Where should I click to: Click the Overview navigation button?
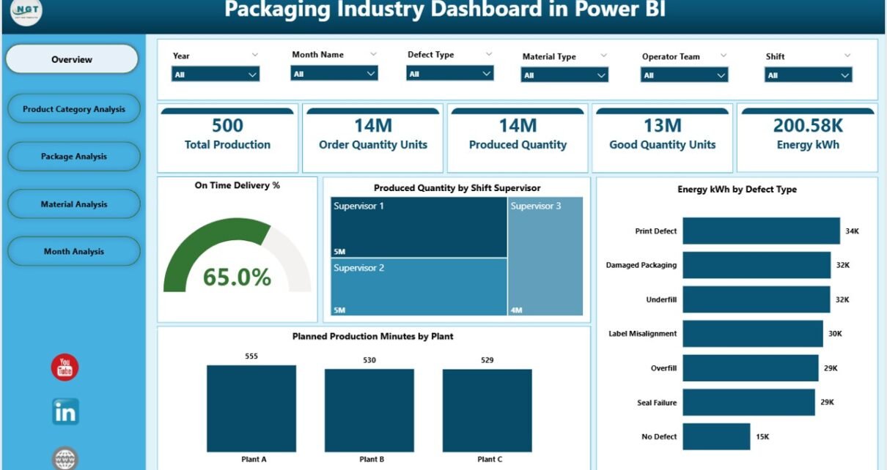coord(72,59)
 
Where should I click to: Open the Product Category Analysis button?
coord(73,109)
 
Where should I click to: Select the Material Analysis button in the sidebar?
coord(73,204)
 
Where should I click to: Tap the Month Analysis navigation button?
coord(73,251)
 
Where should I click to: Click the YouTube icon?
coord(65,368)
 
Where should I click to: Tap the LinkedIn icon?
coord(65,412)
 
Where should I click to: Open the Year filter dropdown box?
coord(216,74)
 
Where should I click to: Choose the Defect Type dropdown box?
coord(450,73)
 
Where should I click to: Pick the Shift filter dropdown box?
coord(809,75)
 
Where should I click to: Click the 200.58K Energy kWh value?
coord(808,126)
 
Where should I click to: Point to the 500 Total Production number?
coord(227,126)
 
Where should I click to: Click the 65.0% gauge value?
coord(237,277)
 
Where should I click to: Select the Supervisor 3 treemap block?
coord(545,256)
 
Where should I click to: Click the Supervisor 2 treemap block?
coord(419,287)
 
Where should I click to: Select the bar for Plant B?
coord(369,409)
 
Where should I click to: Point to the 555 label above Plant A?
coord(251,357)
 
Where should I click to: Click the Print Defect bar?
coord(761,231)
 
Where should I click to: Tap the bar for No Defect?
coord(716,436)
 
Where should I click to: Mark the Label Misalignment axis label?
coord(643,334)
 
